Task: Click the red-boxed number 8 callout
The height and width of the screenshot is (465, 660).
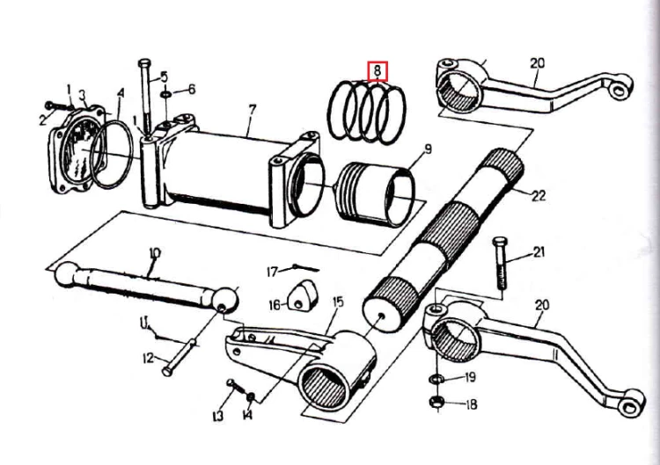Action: (x=378, y=71)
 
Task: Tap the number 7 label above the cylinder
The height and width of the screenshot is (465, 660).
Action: (x=252, y=111)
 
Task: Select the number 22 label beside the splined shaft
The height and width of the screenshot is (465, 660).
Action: (x=539, y=195)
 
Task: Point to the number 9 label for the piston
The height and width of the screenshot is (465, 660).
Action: (x=427, y=149)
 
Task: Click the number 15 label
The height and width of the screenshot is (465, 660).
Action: (x=338, y=302)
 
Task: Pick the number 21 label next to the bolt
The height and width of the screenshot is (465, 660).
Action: (x=539, y=252)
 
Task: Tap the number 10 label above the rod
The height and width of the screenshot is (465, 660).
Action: (x=155, y=253)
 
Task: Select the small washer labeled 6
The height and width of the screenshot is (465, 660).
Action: (x=165, y=93)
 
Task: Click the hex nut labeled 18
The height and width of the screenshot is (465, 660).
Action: (x=436, y=402)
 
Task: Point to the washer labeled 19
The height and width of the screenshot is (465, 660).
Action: (x=436, y=379)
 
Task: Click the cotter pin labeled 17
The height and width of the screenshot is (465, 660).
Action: (x=304, y=267)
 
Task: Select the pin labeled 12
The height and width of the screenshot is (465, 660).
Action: (x=180, y=357)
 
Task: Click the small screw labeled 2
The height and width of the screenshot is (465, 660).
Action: (x=58, y=105)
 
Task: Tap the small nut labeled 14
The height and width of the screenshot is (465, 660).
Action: (x=251, y=396)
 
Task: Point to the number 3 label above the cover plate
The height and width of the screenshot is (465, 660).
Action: (x=83, y=95)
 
